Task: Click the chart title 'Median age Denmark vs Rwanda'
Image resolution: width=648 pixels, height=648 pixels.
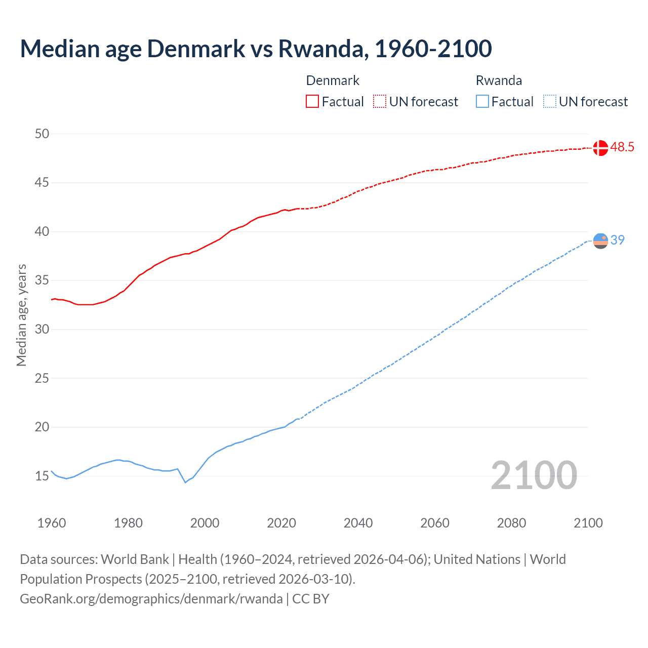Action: (256, 49)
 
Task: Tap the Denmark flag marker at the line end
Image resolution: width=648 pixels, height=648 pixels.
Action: (600, 148)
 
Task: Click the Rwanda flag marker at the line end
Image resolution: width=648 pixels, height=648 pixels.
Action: (600, 241)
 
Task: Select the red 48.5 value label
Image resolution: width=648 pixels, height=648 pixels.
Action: (622, 147)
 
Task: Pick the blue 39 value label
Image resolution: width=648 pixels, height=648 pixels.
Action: (618, 240)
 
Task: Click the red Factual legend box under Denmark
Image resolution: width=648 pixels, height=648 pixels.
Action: (312, 101)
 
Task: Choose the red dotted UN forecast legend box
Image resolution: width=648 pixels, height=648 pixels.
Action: (380, 101)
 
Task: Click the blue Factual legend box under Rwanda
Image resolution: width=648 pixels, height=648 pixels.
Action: (482, 101)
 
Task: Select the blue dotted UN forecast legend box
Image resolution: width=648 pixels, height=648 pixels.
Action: (549, 101)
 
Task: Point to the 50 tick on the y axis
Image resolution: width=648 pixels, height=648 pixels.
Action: (42, 134)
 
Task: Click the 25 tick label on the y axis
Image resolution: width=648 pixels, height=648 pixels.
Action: (42, 378)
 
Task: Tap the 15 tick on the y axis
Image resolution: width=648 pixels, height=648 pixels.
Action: (42, 476)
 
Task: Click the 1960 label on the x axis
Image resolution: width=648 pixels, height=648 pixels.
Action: (52, 523)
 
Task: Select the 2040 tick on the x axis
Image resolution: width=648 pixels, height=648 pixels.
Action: (358, 523)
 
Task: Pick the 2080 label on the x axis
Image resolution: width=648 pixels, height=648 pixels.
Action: (511, 523)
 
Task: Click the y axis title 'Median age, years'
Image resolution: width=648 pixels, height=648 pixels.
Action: (21, 315)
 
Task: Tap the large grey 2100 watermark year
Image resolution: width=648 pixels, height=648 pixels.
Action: (534, 475)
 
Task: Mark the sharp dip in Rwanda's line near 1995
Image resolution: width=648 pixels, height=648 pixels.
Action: (185, 482)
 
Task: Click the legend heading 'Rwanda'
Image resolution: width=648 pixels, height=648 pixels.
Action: (499, 80)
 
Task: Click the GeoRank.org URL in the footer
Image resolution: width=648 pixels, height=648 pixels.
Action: (151, 599)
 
